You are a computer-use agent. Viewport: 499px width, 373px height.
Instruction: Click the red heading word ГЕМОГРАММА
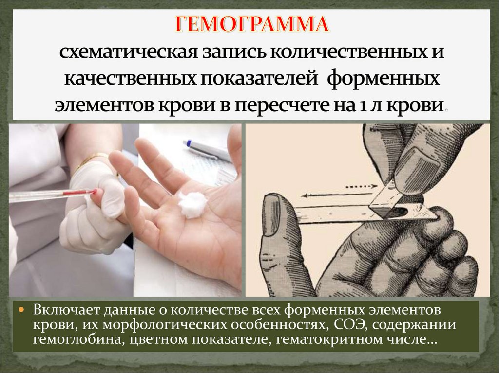[252, 24]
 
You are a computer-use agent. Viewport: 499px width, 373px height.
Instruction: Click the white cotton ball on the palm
[192, 205]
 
